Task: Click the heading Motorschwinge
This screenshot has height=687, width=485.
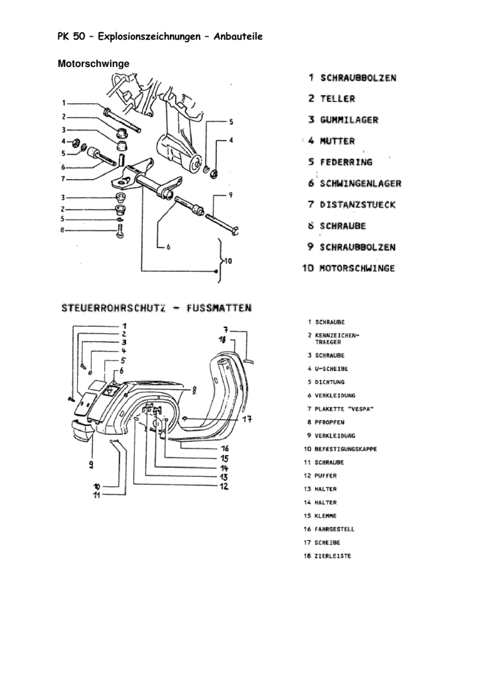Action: (x=94, y=64)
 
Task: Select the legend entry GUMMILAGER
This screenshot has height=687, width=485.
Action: (x=349, y=120)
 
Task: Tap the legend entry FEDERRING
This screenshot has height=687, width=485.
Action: (x=346, y=162)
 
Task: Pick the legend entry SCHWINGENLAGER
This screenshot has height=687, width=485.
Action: (x=360, y=184)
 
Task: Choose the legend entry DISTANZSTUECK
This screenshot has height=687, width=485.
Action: (x=357, y=205)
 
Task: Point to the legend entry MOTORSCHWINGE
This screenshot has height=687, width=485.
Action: (x=357, y=268)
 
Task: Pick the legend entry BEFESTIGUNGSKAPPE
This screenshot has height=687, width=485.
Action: (x=345, y=449)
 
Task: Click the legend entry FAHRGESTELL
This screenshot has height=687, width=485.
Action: (x=335, y=530)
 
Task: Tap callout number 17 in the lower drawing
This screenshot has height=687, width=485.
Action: (x=247, y=420)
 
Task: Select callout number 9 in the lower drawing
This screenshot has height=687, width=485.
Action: (x=92, y=465)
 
